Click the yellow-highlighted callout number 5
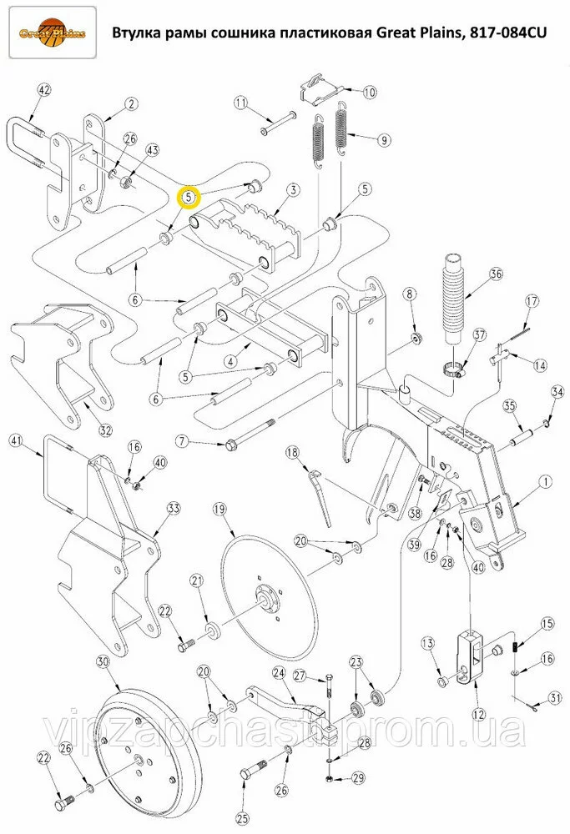click(x=189, y=197)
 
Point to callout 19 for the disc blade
click(x=219, y=509)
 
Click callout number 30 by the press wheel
click(x=103, y=661)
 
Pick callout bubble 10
click(x=369, y=92)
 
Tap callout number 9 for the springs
click(x=383, y=140)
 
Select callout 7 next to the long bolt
click(x=182, y=441)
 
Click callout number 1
click(x=545, y=481)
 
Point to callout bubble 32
click(x=105, y=430)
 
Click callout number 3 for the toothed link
click(x=293, y=191)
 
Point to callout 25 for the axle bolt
click(x=243, y=818)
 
